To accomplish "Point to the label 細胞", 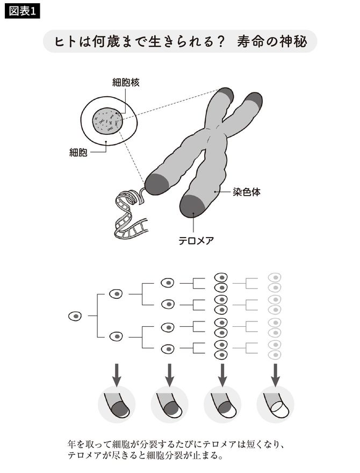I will point(78,153).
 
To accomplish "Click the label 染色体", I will point(247,192).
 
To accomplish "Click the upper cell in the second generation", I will point(116,294).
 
